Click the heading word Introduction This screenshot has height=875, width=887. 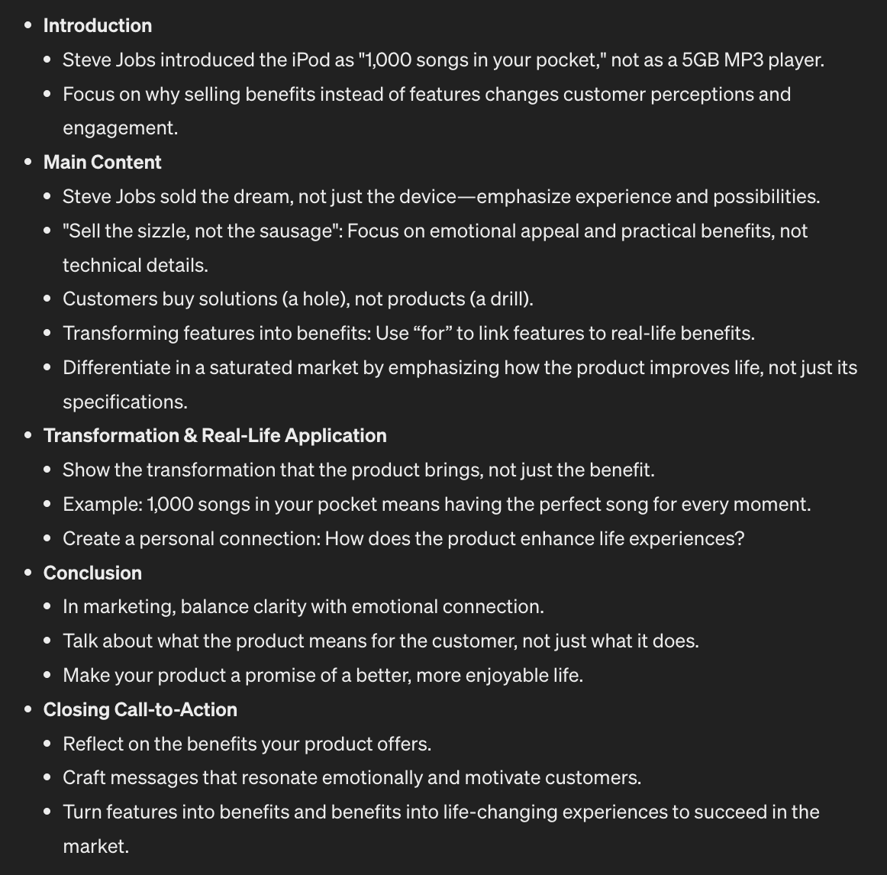[98, 26]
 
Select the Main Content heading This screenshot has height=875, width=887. [102, 163]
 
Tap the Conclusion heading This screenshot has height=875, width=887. [92, 573]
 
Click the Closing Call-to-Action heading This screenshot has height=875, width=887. [140, 710]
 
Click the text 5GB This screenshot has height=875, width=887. [700, 60]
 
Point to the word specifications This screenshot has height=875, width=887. [124, 402]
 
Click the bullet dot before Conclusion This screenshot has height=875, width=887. [28, 573]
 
